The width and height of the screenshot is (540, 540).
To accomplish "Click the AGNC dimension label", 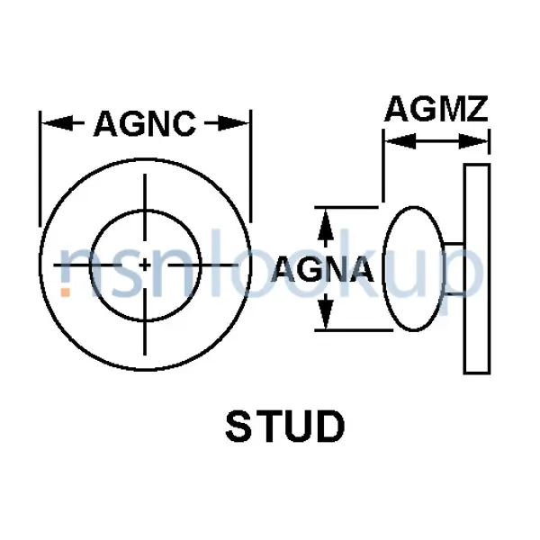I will tap(144, 123).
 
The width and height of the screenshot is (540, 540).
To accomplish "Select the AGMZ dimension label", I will tap(436, 109).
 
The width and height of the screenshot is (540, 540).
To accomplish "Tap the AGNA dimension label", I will tap(322, 269).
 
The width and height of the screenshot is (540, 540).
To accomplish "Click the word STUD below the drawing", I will tap(284, 428).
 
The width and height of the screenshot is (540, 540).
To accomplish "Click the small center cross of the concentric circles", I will tap(146, 265).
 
